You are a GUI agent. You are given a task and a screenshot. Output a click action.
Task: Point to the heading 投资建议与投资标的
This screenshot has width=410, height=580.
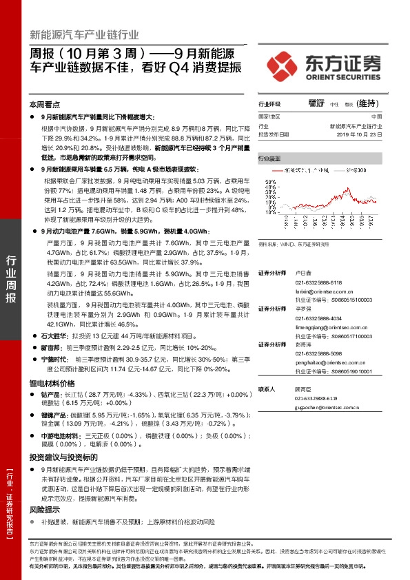(x=61, y=457)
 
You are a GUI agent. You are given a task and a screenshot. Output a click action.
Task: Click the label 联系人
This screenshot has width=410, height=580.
(x=267, y=389)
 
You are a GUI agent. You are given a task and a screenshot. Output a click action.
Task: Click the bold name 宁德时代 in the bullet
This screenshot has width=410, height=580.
(x=56, y=359)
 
